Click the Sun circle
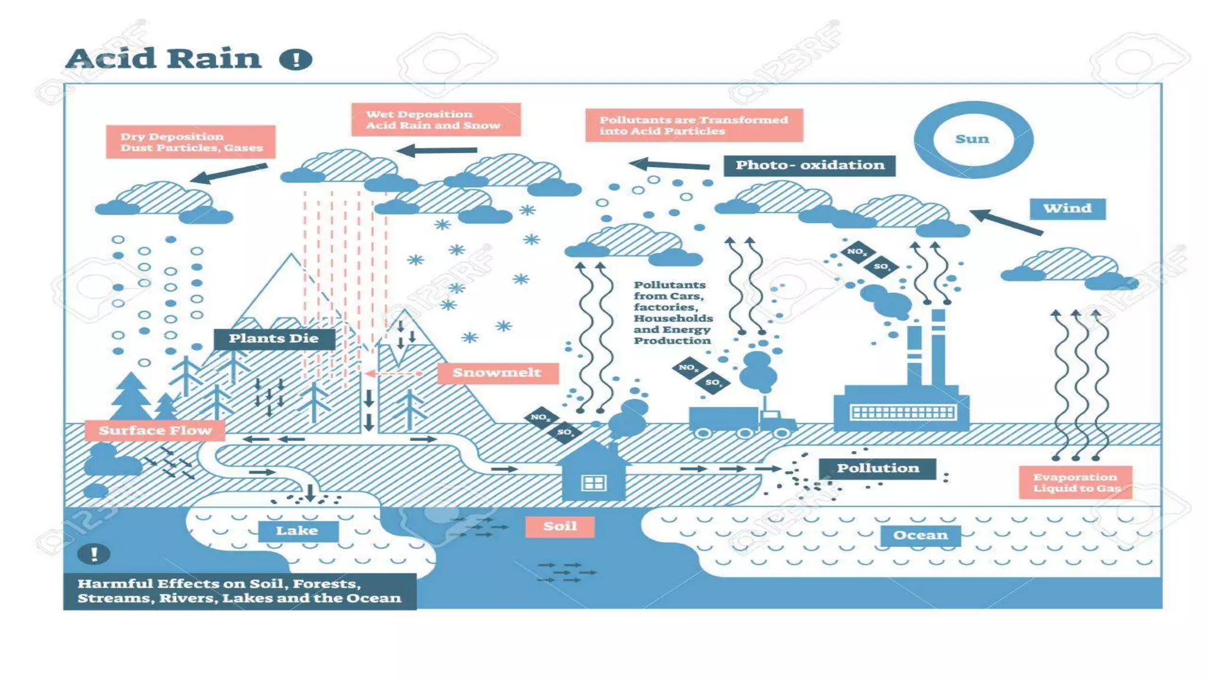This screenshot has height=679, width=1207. tap(973, 140)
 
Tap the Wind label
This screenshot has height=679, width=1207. tap(1067, 209)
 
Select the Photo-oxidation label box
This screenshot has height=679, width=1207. tap(809, 166)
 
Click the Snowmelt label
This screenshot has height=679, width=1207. tap(497, 373)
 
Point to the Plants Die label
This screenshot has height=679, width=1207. tap(274, 339)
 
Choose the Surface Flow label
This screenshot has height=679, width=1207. tap(155, 431)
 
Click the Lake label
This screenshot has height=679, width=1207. tap(298, 531)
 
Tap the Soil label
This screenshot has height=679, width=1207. tap(560, 526)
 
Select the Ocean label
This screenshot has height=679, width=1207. tap(920, 536)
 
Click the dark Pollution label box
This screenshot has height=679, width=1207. tap(877, 469)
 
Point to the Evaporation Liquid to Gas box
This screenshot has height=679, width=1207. tap(1076, 483)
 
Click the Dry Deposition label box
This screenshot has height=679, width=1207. tap(190, 142)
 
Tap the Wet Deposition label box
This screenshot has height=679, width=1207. tap(436, 120)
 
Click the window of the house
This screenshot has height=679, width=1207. tap(593, 483)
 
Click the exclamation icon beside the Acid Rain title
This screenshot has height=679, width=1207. tap(295, 60)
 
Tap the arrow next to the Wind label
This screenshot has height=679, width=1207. tap(1005, 222)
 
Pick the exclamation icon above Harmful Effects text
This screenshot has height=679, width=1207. tap(94, 554)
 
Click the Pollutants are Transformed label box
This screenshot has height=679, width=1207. tap(694, 126)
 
